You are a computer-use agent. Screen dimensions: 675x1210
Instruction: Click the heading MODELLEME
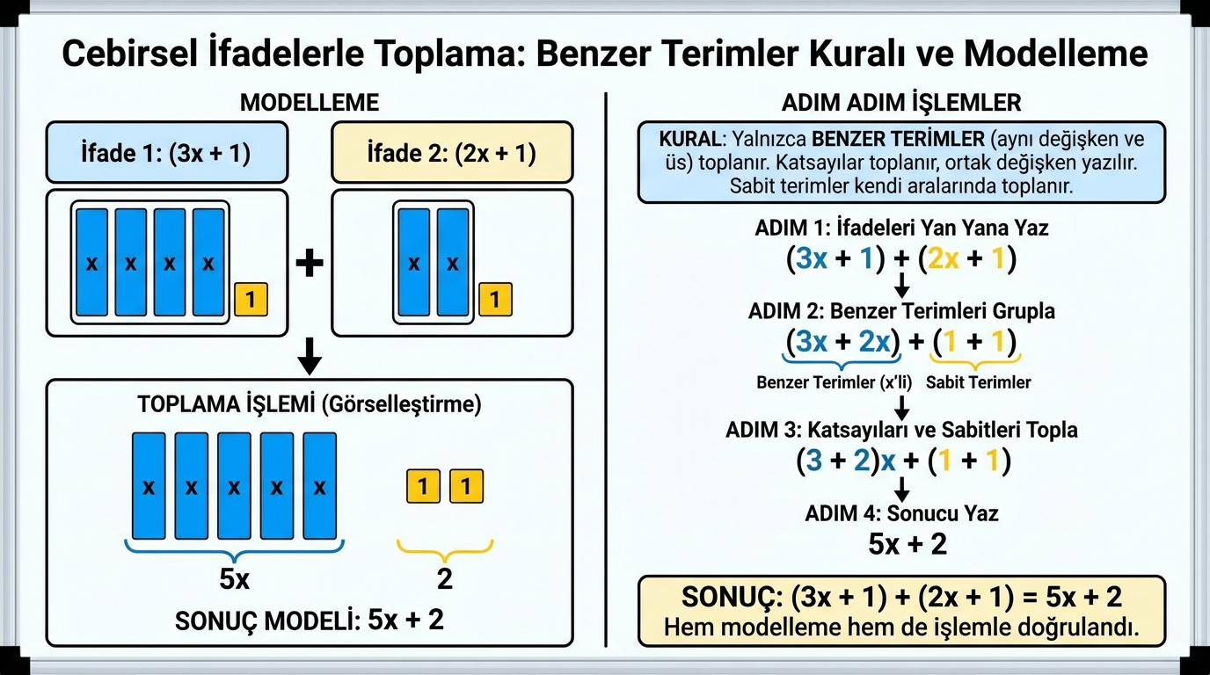coord(309,103)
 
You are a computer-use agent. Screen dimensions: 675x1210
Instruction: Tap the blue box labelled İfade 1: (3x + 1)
coord(166,153)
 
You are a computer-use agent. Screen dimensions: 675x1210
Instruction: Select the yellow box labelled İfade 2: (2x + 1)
coord(452,153)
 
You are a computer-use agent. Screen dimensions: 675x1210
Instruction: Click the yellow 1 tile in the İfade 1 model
coord(251,300)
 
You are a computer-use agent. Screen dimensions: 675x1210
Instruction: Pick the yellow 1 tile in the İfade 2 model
coord(495,300)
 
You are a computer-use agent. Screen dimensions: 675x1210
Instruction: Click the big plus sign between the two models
coord(309,264)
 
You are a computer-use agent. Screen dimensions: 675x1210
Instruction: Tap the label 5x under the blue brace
coord(234,579)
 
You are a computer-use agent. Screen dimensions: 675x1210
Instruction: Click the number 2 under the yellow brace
coord(444,579)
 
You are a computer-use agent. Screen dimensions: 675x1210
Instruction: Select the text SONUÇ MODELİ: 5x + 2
coord(309,621)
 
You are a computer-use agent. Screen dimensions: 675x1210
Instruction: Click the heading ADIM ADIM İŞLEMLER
coord(901,103)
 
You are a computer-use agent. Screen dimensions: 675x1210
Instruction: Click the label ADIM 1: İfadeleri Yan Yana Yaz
coord(901,228)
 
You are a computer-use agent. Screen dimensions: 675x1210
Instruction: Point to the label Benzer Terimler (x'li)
coord(832,382)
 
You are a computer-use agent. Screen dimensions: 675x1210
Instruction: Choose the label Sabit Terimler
coord(978,382)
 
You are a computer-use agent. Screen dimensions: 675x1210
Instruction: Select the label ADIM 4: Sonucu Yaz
coord(901,513)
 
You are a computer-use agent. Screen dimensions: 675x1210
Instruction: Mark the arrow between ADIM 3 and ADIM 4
coord(901,489)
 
